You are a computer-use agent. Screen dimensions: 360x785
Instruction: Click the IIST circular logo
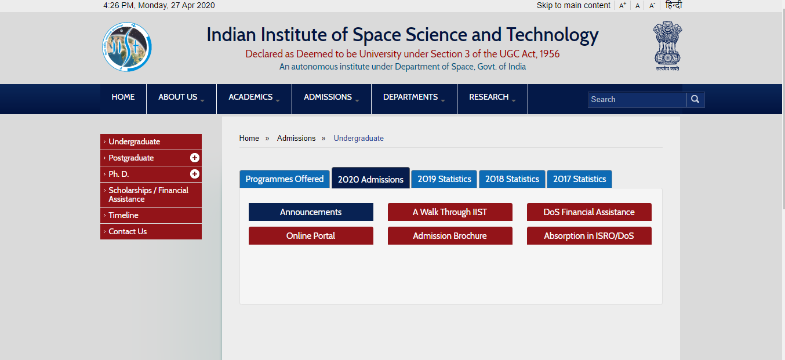(127, 47)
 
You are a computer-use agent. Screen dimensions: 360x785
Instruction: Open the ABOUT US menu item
(181, 97)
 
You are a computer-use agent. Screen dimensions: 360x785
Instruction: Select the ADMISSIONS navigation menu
(331, 97)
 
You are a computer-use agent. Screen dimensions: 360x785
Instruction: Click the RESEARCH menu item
(492, 97)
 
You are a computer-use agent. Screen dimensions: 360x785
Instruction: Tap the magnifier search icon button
(695, 99)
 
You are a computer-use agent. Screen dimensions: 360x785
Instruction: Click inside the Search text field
(637, 99)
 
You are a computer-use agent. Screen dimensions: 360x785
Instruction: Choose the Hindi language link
(674, 5)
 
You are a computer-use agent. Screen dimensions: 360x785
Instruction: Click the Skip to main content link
(573, 5)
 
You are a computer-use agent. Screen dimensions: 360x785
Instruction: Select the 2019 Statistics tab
(444, 179)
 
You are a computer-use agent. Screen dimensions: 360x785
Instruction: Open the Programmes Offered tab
(284, 179)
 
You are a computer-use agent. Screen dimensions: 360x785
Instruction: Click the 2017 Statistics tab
(579, 179)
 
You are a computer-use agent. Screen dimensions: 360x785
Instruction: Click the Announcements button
(311, 212)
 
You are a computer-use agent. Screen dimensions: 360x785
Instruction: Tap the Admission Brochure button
(450, 236)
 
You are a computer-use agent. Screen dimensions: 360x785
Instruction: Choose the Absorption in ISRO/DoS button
(589, 236)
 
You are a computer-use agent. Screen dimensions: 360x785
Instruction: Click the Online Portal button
(311, 236)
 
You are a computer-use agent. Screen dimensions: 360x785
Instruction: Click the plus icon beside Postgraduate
(195, 158)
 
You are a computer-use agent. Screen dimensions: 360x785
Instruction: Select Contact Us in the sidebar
(128, 231)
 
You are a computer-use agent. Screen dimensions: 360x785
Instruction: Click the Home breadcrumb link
(249, 138)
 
